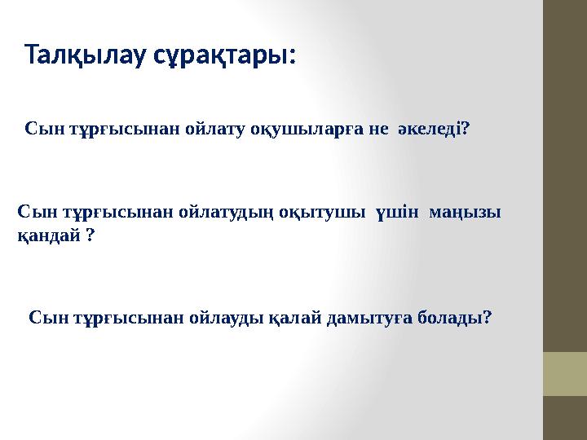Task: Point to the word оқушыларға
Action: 307,130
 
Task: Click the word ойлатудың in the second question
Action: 210,212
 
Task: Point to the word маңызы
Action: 469,212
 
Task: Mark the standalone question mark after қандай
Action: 89,235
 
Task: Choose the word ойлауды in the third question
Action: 223,316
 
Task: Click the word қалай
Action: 293,316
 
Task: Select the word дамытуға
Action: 368,316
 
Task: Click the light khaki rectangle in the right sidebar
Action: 565,373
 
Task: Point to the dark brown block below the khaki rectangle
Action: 565,417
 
